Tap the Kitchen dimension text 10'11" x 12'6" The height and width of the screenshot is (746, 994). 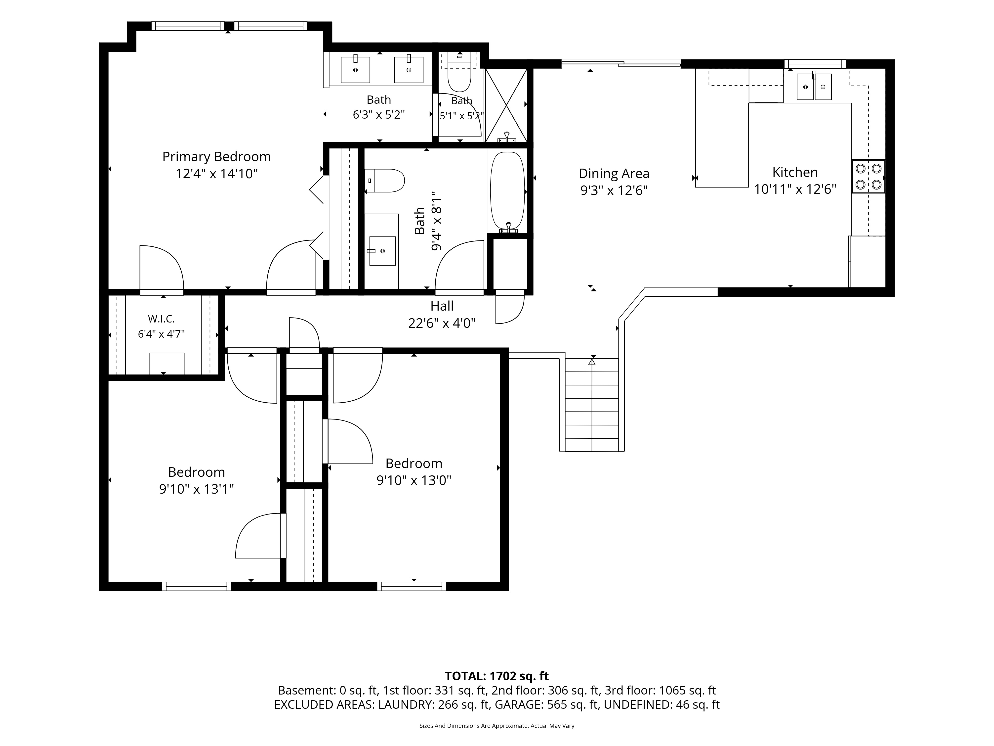[x=795, y=189]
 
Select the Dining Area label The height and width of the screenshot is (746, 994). [x=614, y=174]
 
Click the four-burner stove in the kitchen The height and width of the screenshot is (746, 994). [x=868, y=177]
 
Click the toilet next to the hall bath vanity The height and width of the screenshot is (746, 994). [x=385, y=181]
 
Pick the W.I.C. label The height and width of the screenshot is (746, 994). [x=161, y=319]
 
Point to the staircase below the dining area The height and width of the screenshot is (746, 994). [x=592, y=405]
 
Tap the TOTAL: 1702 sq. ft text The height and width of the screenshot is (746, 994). [x=497, y=676]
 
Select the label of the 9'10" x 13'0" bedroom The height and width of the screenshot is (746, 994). [x=414, y=464]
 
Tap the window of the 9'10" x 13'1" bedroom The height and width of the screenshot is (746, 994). [x=196, y=586]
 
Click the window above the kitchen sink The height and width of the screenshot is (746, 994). [x=815, y=64]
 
